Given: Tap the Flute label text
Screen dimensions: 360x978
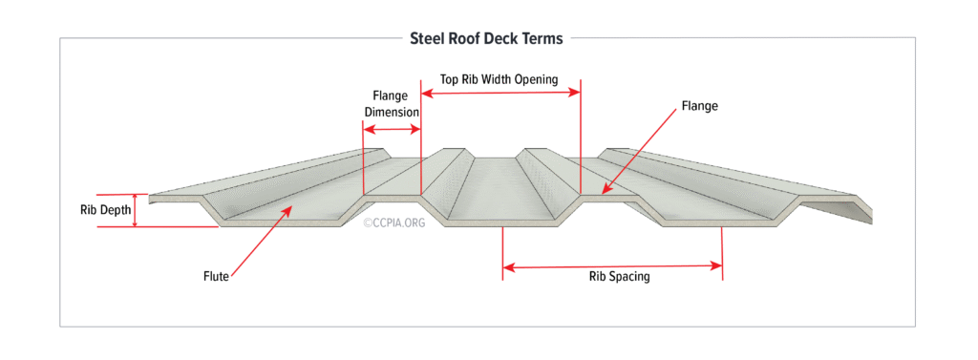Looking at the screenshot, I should pyautogui.click(x=216, y=277).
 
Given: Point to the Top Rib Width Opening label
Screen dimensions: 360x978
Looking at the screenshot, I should pyautogui.click(x=499, y=78).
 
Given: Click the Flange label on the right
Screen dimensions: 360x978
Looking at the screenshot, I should pyautogui.click(x=699, y=106).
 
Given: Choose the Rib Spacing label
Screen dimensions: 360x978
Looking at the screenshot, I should pyautogui.click(x=619, y=277).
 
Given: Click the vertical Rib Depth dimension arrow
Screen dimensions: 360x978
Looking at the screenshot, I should pyautogui.click(x=135, y=210).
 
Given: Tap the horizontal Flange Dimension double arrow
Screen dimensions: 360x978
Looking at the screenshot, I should pyautogui.click(x=392, y=129).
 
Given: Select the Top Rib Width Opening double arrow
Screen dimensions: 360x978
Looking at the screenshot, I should pyautogui.click(x=500, y=93).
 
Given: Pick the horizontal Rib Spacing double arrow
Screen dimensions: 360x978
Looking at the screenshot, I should pyautogui.click(x=612, y=266).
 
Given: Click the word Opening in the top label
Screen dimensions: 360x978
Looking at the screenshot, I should pyautogui.click(x=536, y=78).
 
